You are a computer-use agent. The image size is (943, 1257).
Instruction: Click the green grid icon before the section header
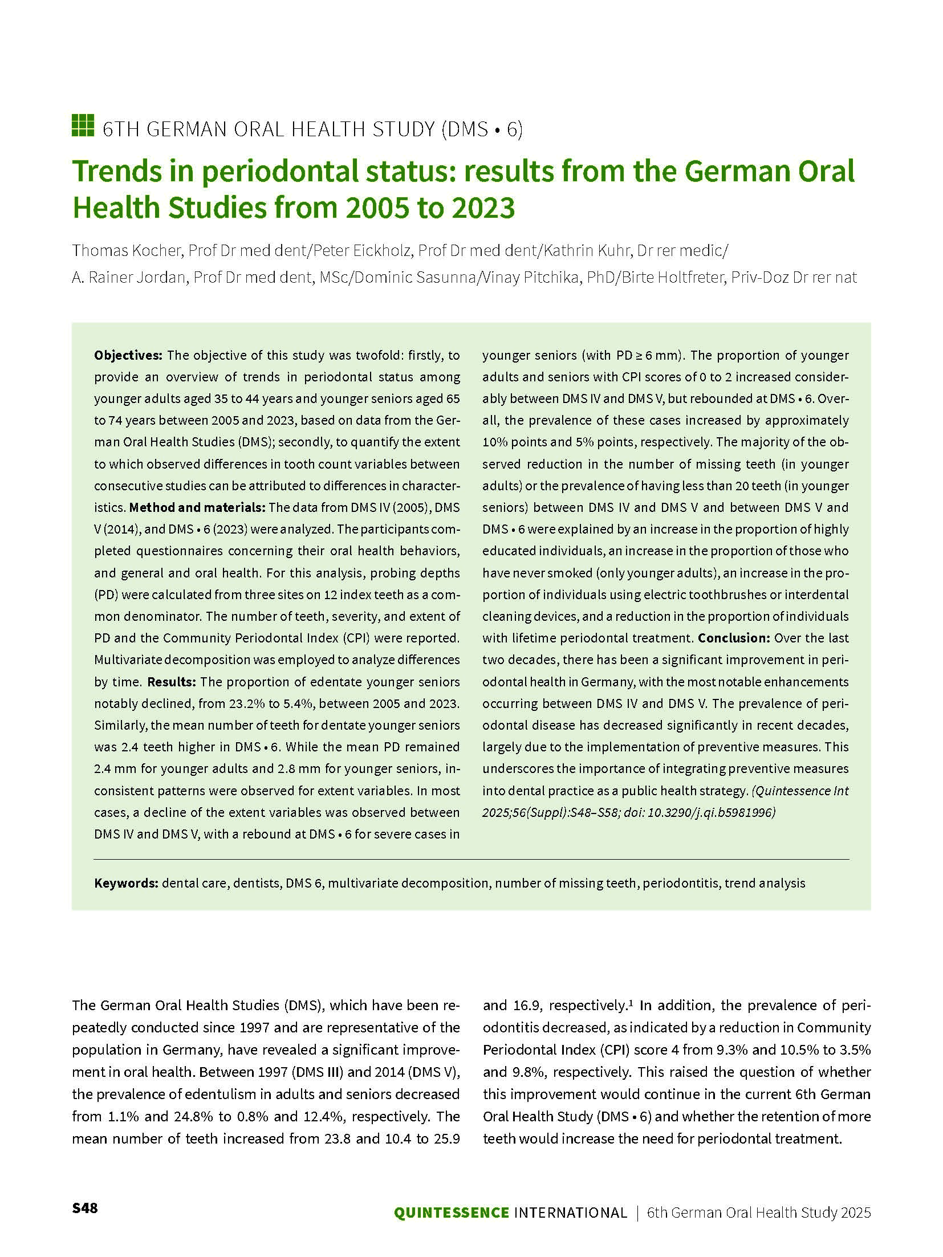[x=83, y=125]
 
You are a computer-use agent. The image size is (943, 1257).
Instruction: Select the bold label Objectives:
[x=128, y=355]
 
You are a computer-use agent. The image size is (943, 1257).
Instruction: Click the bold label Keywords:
[x=126, y=883]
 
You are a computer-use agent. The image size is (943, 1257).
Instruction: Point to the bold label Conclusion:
[x=734, y=638]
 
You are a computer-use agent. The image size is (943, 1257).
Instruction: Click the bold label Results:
[x=172, y=682]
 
